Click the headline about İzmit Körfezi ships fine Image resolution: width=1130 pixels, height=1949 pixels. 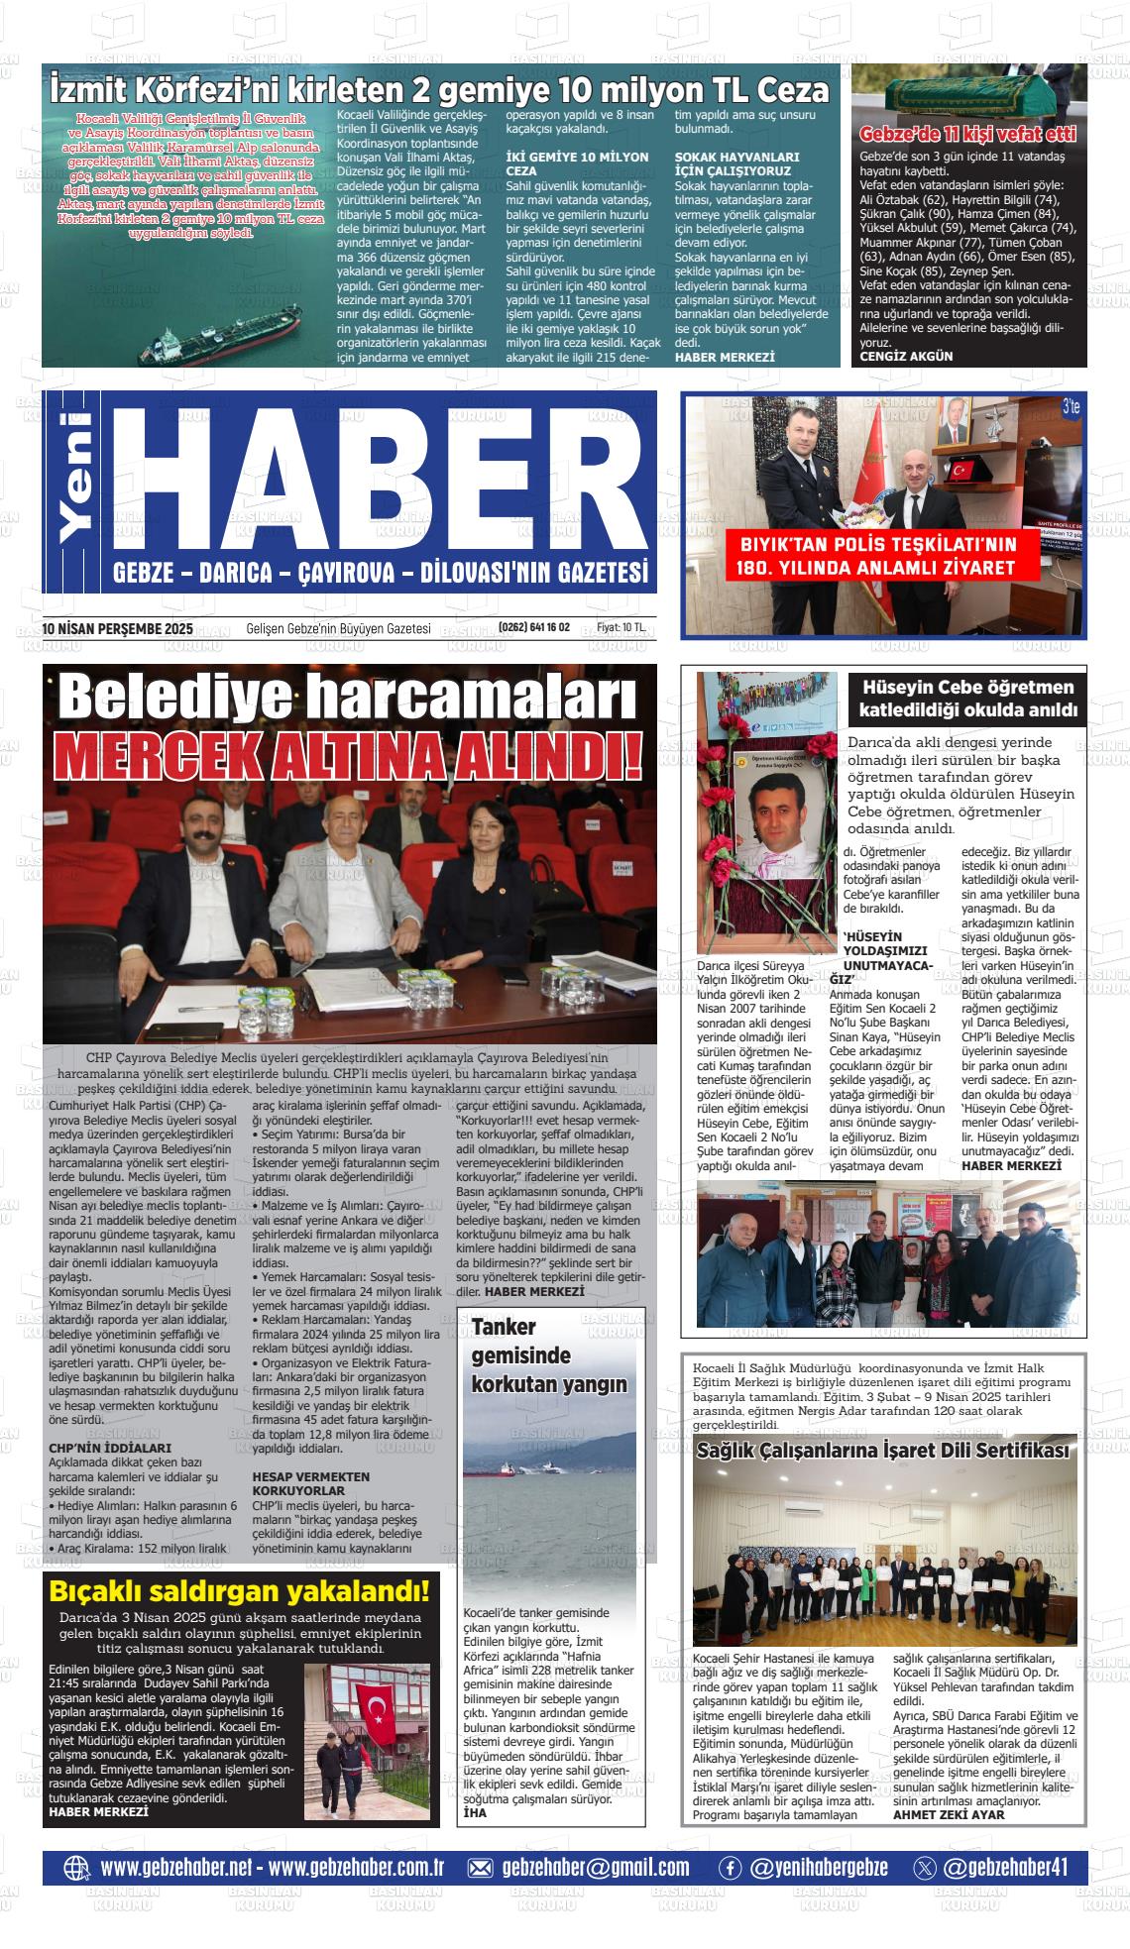439,91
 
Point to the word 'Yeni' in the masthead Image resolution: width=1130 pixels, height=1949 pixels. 76,476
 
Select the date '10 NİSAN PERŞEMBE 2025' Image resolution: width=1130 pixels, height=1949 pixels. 118,628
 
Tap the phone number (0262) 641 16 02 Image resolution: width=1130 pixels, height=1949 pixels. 534,628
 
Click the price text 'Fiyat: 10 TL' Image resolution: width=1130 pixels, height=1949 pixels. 621,628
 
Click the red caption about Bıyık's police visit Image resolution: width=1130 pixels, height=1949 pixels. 871,556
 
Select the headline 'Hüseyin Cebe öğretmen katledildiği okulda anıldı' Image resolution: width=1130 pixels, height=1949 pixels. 967,699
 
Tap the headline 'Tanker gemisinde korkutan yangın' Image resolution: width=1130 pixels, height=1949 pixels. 548,1355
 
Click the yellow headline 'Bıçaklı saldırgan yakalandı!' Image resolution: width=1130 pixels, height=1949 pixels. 240,1592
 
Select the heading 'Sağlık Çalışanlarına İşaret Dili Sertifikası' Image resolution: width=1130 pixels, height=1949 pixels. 882,1452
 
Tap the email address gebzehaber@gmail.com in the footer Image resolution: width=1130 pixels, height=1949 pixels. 596,1868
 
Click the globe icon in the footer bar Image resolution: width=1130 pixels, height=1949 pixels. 76,1868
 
